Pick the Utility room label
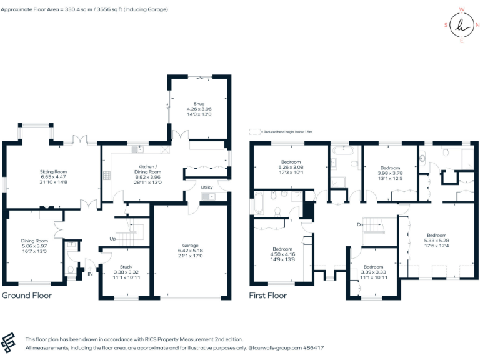click(x=206, y=187)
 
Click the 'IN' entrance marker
click(x=90, y=273)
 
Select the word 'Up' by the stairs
click(x=112, y=239)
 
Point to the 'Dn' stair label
click(x=361, y=224)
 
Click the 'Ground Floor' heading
click(x=27, y=295)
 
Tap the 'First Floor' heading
click(x=268, y=295)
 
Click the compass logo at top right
click(x=462, y=25)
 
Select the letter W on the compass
click(x=462, y=9)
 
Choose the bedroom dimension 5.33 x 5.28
click(x=436, y=240)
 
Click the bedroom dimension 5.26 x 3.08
click(x=291, y=167)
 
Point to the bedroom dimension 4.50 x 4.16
click(x=282, y=254)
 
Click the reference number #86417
click(x=315, y=346)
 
